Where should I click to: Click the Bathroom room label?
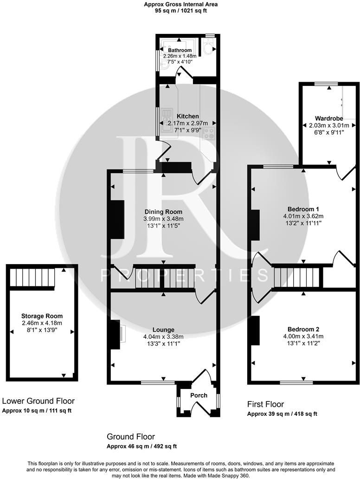[180, 50]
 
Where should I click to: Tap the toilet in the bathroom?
[208, 47]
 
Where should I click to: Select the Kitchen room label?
[188, 116]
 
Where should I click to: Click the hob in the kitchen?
[210, 134]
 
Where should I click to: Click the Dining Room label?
[163, 212]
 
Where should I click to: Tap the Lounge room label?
[163, 330]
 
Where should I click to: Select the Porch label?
[199, 395]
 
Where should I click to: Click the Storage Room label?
[42, 316]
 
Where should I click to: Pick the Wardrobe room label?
[328, 118]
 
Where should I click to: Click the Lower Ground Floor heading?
[39, 401]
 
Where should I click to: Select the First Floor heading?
[265, 404]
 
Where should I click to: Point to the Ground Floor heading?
[131, 437]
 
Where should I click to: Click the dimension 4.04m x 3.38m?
[162, 337]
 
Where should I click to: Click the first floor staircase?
[296, 277]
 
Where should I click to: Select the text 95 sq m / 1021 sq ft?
[181, 11]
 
